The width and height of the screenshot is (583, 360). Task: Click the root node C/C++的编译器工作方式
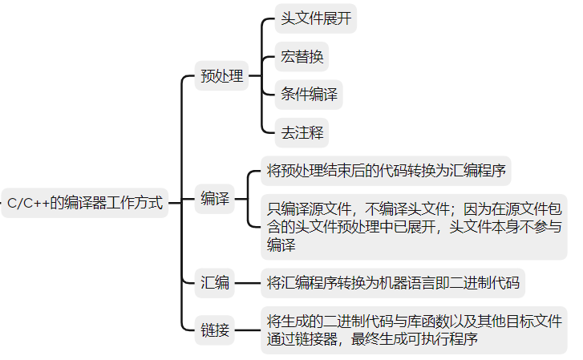click(x=85, y=203)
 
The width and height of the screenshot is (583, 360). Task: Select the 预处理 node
click(x=221, y=78)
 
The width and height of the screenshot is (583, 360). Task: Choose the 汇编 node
click(x=215, y=282)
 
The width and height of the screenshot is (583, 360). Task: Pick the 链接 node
click(x=215, y=330)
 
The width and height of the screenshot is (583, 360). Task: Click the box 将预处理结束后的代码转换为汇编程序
click(x=387, y=170)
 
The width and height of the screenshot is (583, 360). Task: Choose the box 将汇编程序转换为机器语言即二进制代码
click(x=393, y=282)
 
